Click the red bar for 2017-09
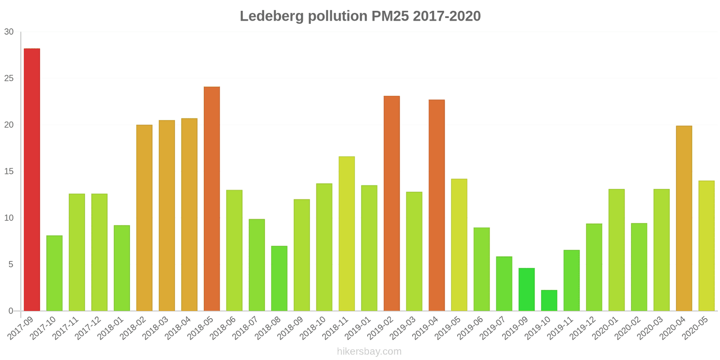tap(32, 180)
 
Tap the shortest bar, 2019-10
tap(549, 301)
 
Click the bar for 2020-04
tap(684, 218)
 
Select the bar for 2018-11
tap(346, 234)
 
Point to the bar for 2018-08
tap(279, 278)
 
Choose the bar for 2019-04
tap(436, 205)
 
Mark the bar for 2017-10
tap(54, 273)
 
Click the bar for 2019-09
tap(526, 289)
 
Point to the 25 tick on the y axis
tap(9, 78)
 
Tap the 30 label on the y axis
tap(9, 32)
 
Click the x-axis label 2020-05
tap(696, 328)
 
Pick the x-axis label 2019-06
tap(471, 328)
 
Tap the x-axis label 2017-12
tap(89, 328)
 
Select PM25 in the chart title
tap(390, 16)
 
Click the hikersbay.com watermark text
tap(369, 351)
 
